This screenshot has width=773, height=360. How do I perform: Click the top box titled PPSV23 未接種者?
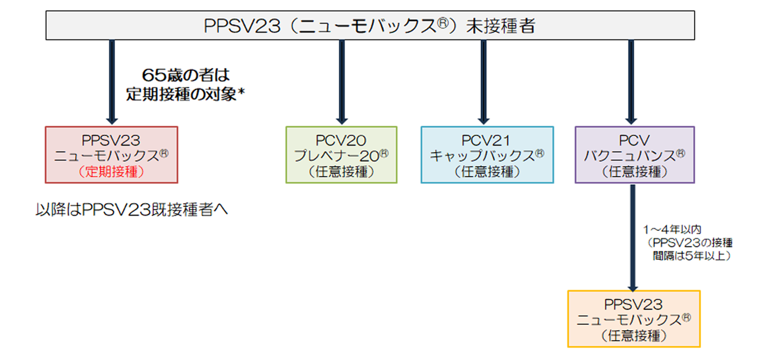pos(370,26)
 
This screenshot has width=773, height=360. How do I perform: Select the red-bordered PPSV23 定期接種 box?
pos(111,155)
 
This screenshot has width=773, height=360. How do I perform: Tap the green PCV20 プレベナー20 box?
pos(341,155)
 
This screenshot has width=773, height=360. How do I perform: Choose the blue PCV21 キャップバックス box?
pos(487,155)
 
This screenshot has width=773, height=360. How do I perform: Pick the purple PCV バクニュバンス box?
pos(635,155)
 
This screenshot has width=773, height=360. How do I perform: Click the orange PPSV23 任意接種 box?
pos(634,319)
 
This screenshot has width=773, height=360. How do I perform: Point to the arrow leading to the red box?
pos(112,81)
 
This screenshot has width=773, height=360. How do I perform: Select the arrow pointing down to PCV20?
pos(342,81)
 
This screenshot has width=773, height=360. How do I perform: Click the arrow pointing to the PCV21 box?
pos(484,81)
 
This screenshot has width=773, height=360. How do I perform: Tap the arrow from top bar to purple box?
pos(631,81)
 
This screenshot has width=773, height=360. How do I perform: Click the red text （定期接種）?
pos(111,171)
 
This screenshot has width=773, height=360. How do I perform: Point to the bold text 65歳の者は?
pos(186,75)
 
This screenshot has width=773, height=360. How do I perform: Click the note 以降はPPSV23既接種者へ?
pos(131,210)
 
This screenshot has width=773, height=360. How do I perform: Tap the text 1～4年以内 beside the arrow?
pos(672,230)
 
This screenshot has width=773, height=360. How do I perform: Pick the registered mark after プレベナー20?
pos(384,154)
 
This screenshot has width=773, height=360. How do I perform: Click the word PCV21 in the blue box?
pos(486,140)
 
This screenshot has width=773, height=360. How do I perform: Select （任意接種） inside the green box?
pos(341,172)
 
